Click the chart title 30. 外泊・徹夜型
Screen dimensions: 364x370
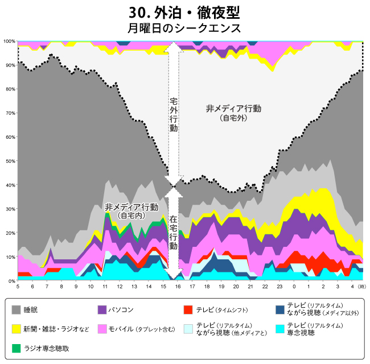184,13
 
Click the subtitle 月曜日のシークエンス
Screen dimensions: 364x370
184,28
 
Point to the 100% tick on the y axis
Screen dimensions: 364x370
9,42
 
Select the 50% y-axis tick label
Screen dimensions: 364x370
10,161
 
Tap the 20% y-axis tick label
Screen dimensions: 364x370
10,233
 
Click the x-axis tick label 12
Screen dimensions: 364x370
120,287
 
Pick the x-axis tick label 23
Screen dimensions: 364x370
279,287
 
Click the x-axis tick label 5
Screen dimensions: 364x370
18,287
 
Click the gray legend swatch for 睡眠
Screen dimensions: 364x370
17,311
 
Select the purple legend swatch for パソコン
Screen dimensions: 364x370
103,311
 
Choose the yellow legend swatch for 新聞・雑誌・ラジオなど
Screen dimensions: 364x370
17,329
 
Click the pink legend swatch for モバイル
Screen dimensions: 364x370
103,329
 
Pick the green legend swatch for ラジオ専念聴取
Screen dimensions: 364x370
17,347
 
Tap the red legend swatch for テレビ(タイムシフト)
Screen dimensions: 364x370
189,311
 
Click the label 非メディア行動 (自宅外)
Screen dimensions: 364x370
233,113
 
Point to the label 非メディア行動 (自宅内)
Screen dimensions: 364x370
131,210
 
